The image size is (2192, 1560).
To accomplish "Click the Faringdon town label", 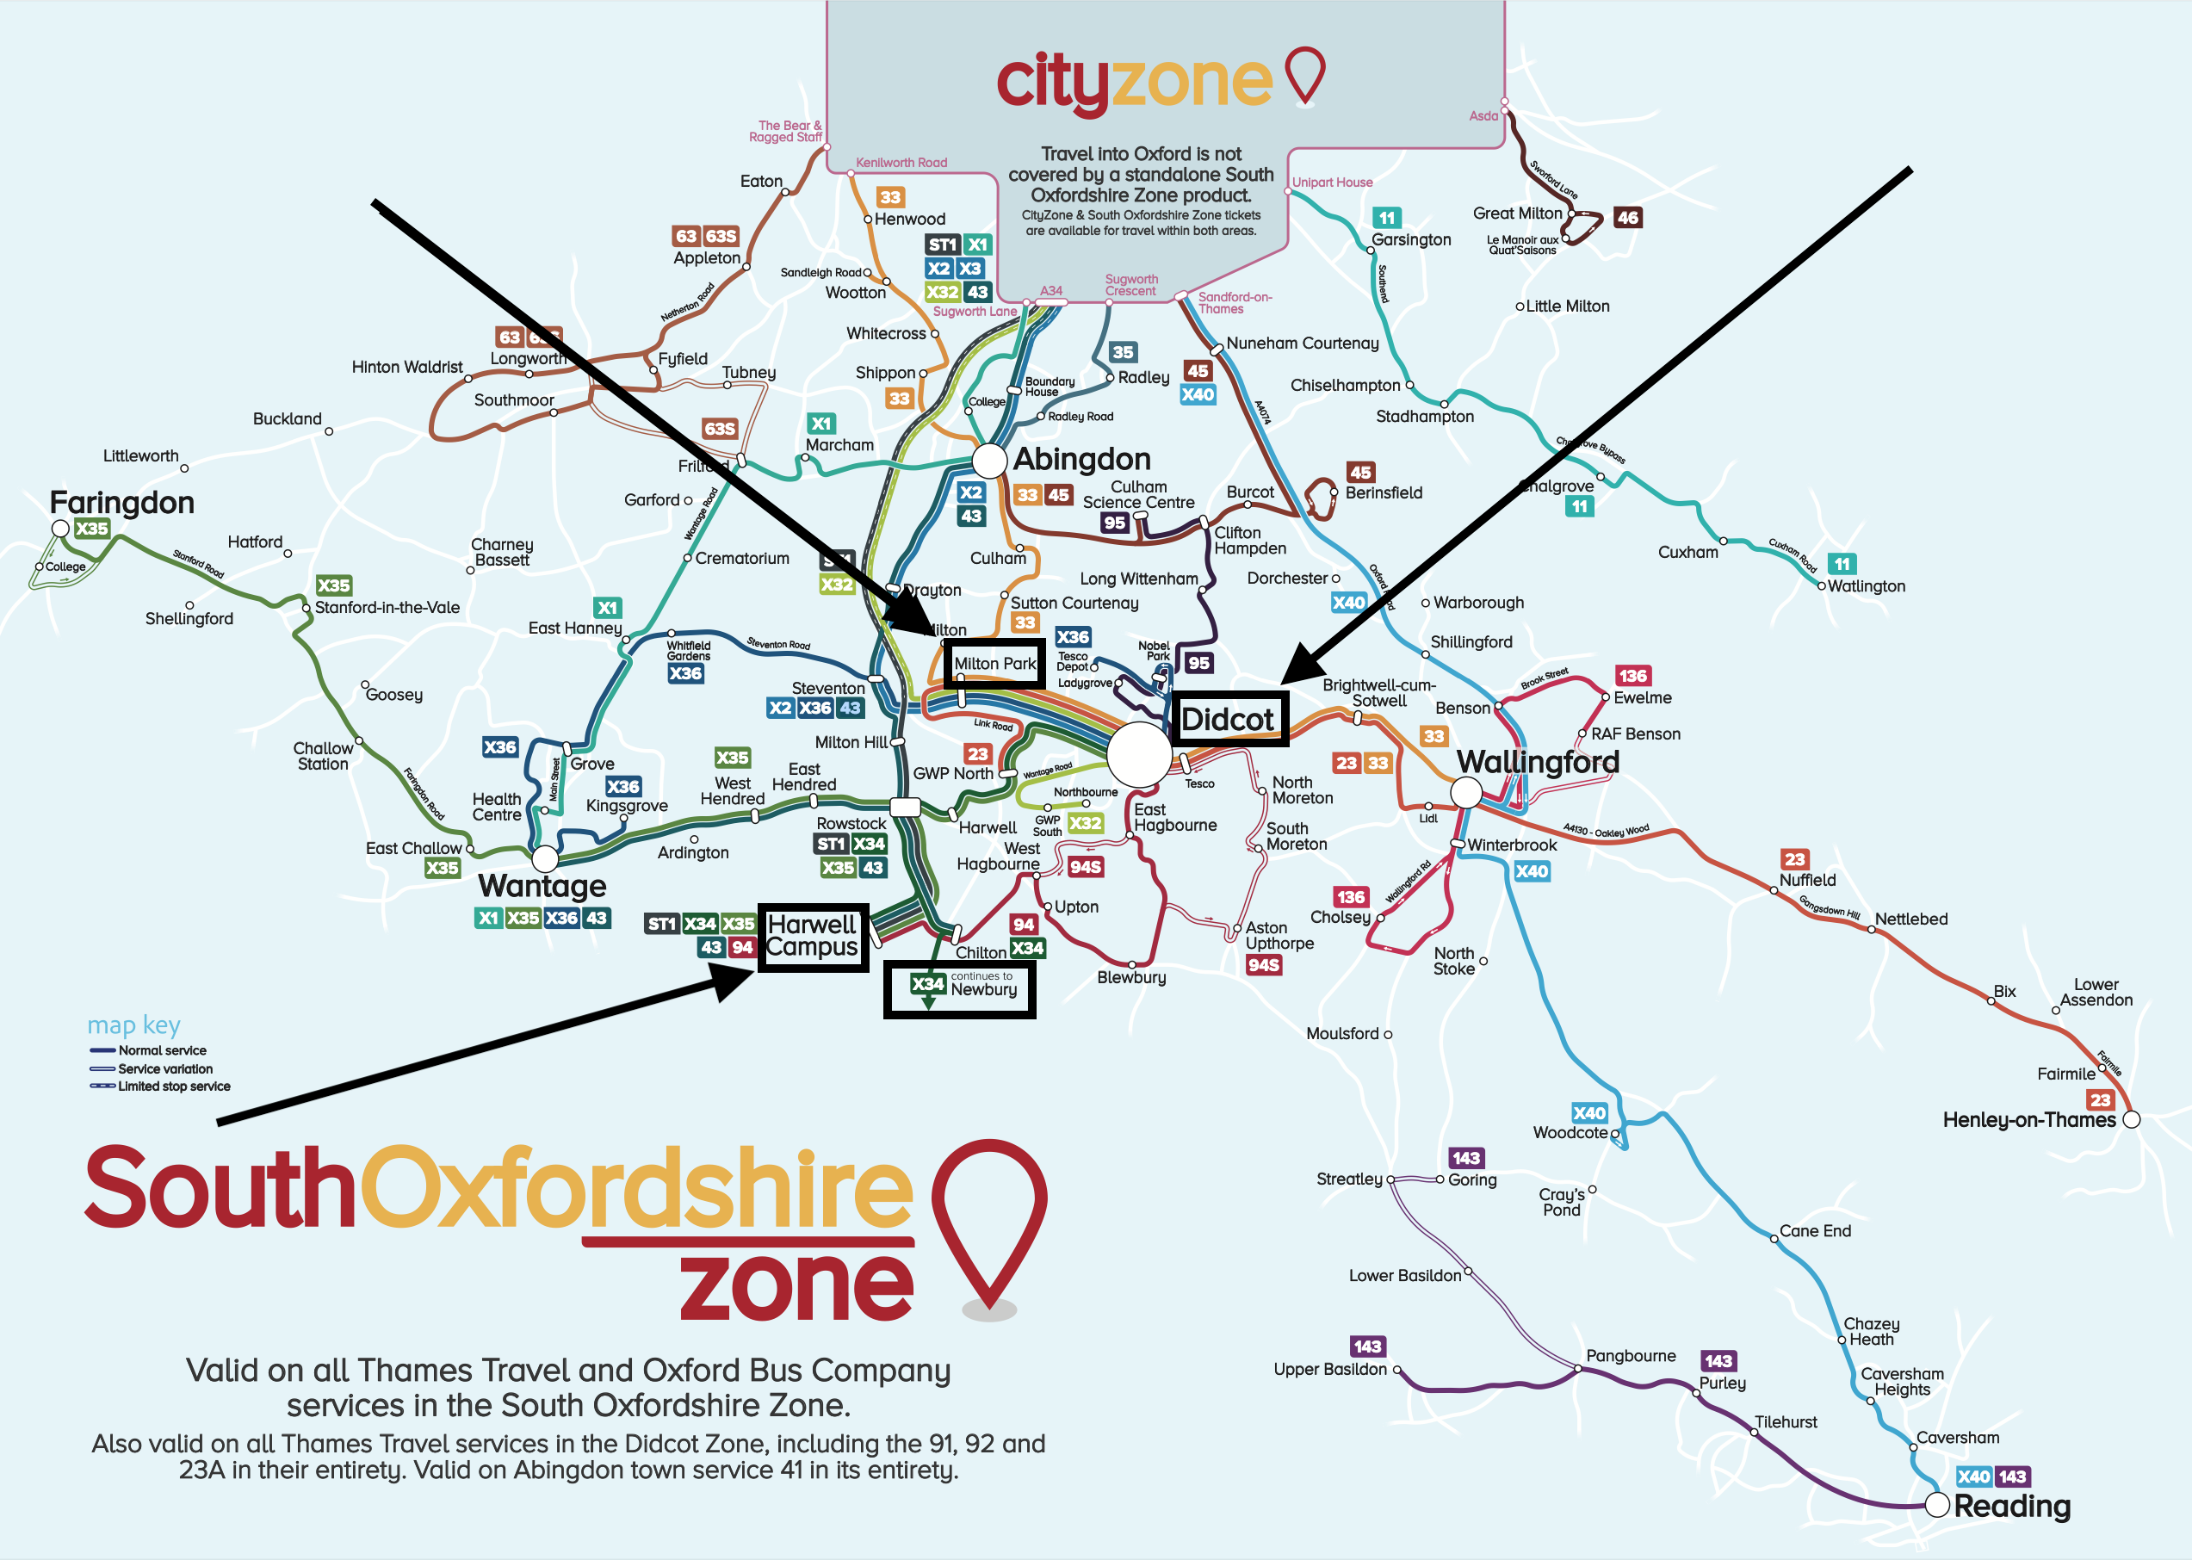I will [122, 503].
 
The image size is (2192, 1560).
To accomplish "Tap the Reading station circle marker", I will [1937, 1504].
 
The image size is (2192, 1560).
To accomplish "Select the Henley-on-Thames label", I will [2028, 1120].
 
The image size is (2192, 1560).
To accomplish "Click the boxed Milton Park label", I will [994, 663].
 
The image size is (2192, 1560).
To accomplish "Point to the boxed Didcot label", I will [1227, 720].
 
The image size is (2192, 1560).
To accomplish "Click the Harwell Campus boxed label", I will [813, 937].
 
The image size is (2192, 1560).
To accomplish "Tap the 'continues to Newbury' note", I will [982, 985].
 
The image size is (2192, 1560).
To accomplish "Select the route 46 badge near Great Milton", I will [1627, 217].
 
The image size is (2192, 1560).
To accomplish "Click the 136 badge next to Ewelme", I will [1633, 675].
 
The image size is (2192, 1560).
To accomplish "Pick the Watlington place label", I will [1867, 586].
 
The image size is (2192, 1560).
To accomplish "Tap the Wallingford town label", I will [1538, 762].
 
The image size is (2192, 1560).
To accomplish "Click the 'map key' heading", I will [133, 1025].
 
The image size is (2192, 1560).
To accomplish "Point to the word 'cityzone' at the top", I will [1135, 81].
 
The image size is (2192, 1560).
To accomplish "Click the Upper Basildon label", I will [1330, 1369].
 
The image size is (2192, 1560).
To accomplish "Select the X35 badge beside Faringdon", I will [92, 529].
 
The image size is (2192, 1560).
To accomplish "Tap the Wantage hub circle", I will [545, 857].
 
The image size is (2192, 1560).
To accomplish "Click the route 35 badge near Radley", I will [1122, 351].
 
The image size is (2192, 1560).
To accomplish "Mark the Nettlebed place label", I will [1911, 919].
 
